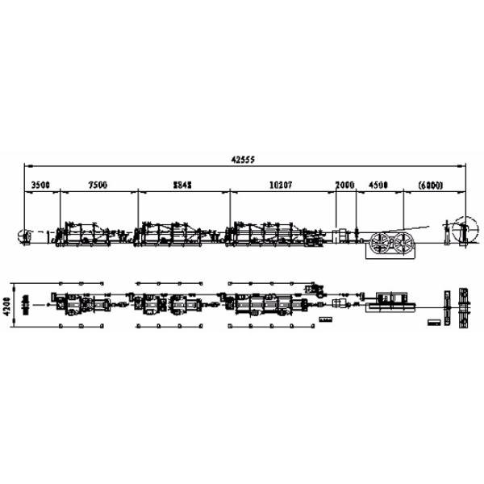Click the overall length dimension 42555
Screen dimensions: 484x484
tap(242, 161)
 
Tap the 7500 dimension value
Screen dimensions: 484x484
tap(98, 185)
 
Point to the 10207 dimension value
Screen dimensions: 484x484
tap(280, 185)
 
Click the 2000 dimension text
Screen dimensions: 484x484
tap(344, 185)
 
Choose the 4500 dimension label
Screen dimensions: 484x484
tap(378, 185)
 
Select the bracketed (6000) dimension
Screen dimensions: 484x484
tap(429, 185)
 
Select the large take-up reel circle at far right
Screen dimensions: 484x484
tap(463, 227)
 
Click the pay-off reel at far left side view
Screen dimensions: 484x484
tap(24, 237)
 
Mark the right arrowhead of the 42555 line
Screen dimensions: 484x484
tap(467, 166)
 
